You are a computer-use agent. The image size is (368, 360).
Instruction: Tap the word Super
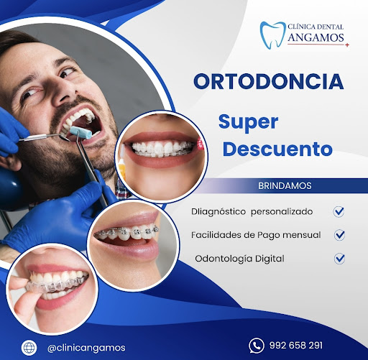pos(248,121)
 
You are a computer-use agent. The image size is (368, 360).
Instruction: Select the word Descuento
pos(277,149)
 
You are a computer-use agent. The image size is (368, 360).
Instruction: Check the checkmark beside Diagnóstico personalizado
pos(339,212)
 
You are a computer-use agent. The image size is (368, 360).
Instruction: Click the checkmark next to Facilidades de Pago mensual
pos(339,235)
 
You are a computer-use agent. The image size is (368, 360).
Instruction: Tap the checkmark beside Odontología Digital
pos(339,258)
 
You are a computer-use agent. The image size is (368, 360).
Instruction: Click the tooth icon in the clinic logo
pos(272,34)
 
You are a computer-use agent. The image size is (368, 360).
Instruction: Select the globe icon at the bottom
pos(29,346)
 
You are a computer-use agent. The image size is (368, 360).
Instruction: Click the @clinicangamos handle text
pos(86,347)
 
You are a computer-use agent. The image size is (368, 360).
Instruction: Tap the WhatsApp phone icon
pos(255,346)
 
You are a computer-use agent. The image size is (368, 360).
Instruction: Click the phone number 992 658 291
pos(296,346)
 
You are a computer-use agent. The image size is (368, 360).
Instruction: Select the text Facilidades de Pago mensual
pos(256,235)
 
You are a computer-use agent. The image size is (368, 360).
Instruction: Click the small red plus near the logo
pos(347,45)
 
